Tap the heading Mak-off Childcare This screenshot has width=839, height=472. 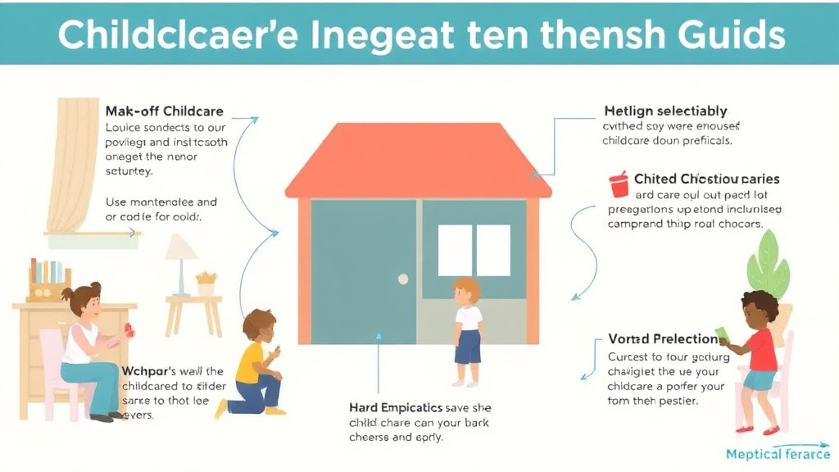tap(164, 111)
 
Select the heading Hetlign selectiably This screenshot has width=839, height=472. tap(665, 111)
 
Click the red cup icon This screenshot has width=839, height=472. tap(619, 184)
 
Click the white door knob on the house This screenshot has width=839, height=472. tap(403, 279)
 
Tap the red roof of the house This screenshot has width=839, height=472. tap(418, 161)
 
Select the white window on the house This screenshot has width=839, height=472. tap(474, 250)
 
